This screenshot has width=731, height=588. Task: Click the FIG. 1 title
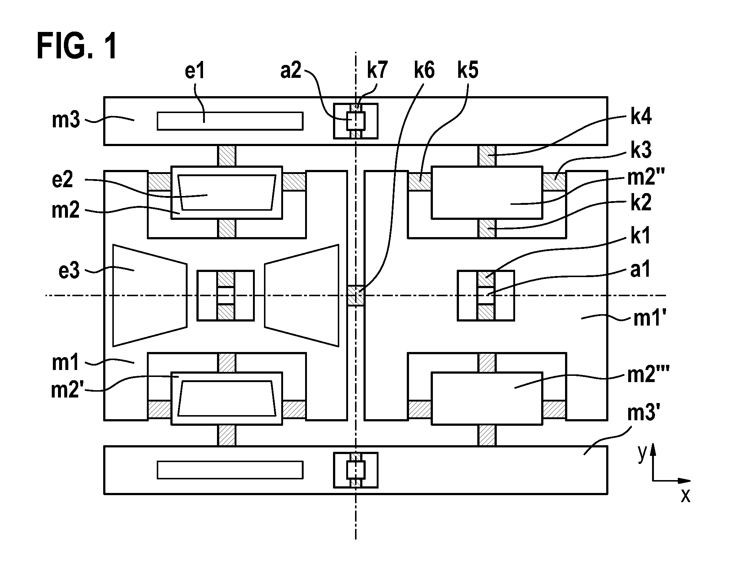click(77, 46)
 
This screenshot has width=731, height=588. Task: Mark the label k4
click(641, 117)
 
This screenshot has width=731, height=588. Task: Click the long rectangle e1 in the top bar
click(230, 121)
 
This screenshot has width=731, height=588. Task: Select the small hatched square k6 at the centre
click(356, 295)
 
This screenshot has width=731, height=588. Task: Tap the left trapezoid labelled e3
click(150, 295)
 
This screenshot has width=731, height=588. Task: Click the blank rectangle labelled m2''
click(487, 193)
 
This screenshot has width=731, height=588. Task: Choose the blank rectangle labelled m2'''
click(487, 399)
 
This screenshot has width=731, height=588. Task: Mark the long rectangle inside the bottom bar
click(230, 470)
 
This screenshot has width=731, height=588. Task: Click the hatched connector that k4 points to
click(487, 156)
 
